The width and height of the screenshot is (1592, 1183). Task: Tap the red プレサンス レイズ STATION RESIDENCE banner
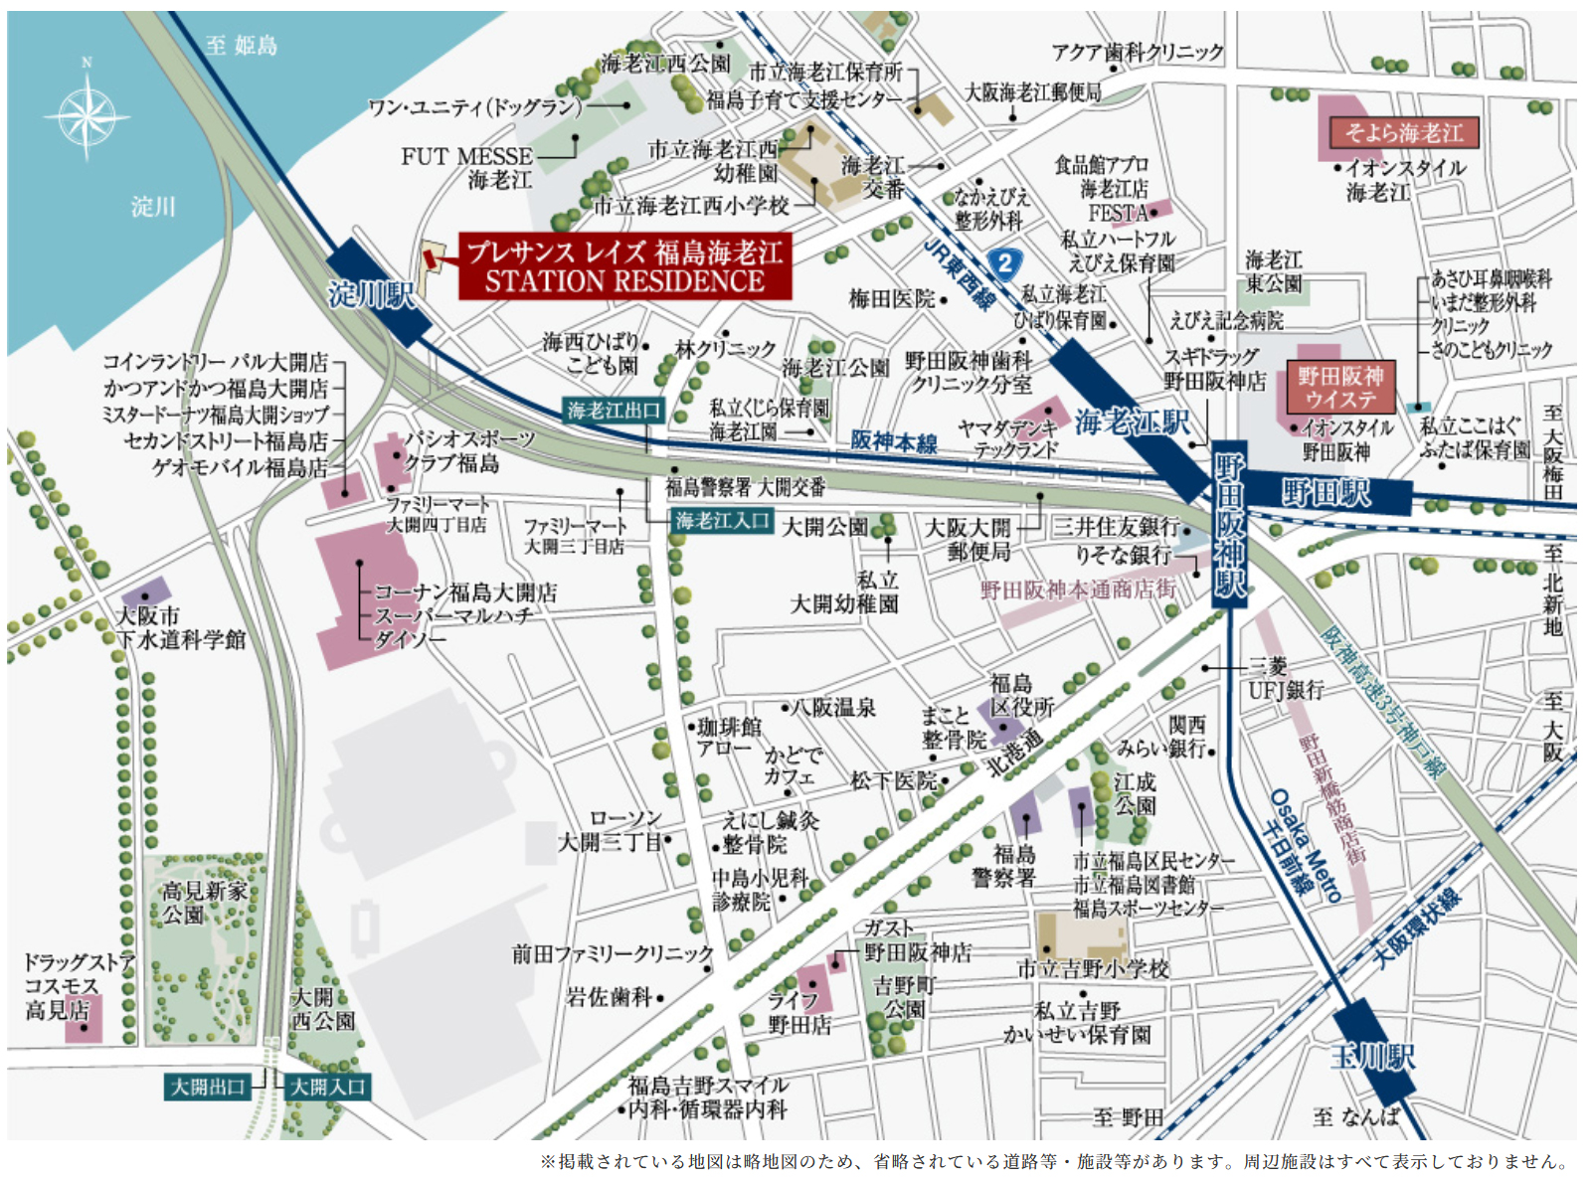pyautogui.click(x=624, y=266)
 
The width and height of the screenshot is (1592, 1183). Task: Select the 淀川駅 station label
pyautogui.click(x=372, y=294)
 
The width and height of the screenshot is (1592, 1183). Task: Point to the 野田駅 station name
pyautogui.click(x=1325, y=493)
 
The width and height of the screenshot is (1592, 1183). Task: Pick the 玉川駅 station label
pyautogui.click(x=1372, y=1057)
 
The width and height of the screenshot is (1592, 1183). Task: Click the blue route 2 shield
pyautogui.click(x=1005, y=263)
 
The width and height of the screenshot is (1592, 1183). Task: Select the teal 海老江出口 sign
pyautogui.click(x=613, y=411)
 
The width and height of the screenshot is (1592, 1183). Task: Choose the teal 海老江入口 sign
pyautogui.click(x=723, y=521)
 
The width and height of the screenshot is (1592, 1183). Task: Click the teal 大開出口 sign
pyautogui.click(x=208, y=1087)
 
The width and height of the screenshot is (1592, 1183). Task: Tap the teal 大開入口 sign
pyautogui.click(x=328, y=1087)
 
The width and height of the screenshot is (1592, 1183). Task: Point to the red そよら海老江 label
pyautogui.click(x=1403, y=133)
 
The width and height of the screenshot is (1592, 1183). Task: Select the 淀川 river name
pyautogui.click(x=152, y=207)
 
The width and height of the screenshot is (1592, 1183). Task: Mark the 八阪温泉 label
pyautogui.click(x=833, y=708)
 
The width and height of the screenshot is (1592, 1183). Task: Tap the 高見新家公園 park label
pyautogui.click(x=204, y=903)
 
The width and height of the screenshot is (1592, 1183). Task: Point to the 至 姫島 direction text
pyautogui.click(x=242, y=45)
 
